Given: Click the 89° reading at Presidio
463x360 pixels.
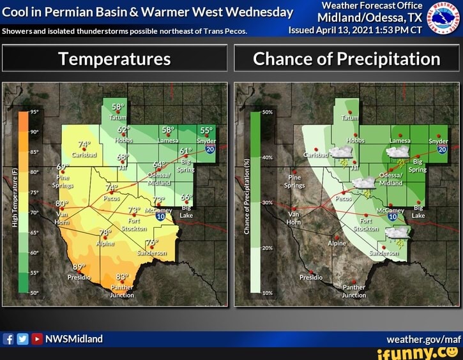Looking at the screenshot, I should point(79,267).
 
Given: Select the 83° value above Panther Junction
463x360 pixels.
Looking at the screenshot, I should point(123,277).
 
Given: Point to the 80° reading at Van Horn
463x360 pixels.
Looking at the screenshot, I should point(62,204).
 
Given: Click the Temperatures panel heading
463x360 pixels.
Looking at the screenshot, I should point(114,59).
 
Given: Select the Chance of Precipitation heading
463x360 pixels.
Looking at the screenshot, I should point(346,59).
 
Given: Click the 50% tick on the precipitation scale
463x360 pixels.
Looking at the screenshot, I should point(267,112).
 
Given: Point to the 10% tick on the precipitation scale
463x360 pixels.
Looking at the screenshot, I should point(267,292).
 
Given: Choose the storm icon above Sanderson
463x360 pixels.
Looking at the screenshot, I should point(397,234).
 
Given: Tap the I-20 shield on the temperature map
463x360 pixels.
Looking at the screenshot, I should point(209,149).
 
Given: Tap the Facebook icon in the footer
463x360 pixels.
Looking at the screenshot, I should point(9,339).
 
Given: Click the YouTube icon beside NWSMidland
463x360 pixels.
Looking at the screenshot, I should point(36,339).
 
